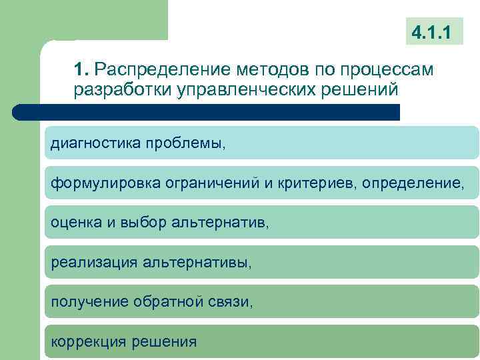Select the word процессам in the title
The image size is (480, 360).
[387, 69]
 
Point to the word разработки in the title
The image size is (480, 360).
[115, 89]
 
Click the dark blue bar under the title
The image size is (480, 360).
[207, 111]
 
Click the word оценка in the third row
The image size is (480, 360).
[76, 223]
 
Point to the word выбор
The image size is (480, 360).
[137, 223]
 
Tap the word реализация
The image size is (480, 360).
[93, 262]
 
